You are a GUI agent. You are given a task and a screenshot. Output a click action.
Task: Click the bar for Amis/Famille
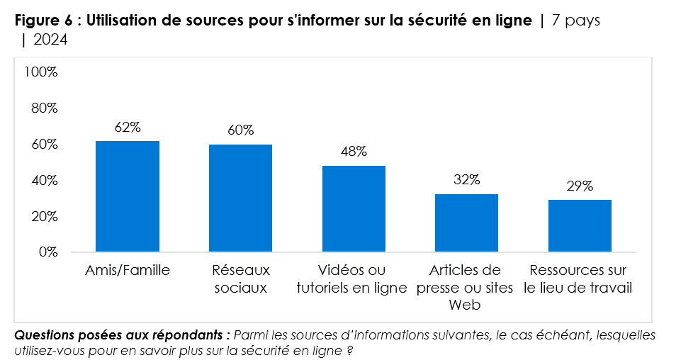tap(128, 196)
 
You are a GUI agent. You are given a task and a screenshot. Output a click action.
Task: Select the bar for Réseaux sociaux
tap(240, 198)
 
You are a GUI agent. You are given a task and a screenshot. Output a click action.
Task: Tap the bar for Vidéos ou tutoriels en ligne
tap(354, 209)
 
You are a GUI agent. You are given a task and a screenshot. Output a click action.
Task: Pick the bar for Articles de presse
tap(466, 223)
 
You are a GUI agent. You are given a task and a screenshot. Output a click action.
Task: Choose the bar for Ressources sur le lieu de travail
tap(580, 226)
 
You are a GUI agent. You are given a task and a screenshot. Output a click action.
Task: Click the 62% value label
tap(128, 128)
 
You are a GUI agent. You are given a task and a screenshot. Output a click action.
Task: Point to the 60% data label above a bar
tap(240, 131)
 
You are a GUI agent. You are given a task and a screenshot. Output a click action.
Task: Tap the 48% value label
tap(354, 152)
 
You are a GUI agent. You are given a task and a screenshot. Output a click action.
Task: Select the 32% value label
tap(466, 180)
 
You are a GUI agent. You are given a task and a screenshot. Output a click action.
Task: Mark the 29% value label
tap(580, 186)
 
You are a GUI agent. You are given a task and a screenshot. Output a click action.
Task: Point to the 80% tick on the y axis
tap(44, 108)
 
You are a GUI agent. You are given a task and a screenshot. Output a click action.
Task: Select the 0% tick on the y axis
tap(47, 252)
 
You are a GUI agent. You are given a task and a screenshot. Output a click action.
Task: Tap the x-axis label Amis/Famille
tap(128, 271)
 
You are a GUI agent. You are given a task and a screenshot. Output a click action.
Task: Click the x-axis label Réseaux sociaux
tap(240, 279)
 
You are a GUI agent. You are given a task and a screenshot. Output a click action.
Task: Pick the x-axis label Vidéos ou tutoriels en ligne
tap(354, 279)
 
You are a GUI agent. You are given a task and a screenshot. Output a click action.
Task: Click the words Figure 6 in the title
tap(43, 21)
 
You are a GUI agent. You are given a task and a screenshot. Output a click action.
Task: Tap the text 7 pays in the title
tap(575, 21)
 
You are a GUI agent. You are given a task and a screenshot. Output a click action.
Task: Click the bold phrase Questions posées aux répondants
tap(122, 334)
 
